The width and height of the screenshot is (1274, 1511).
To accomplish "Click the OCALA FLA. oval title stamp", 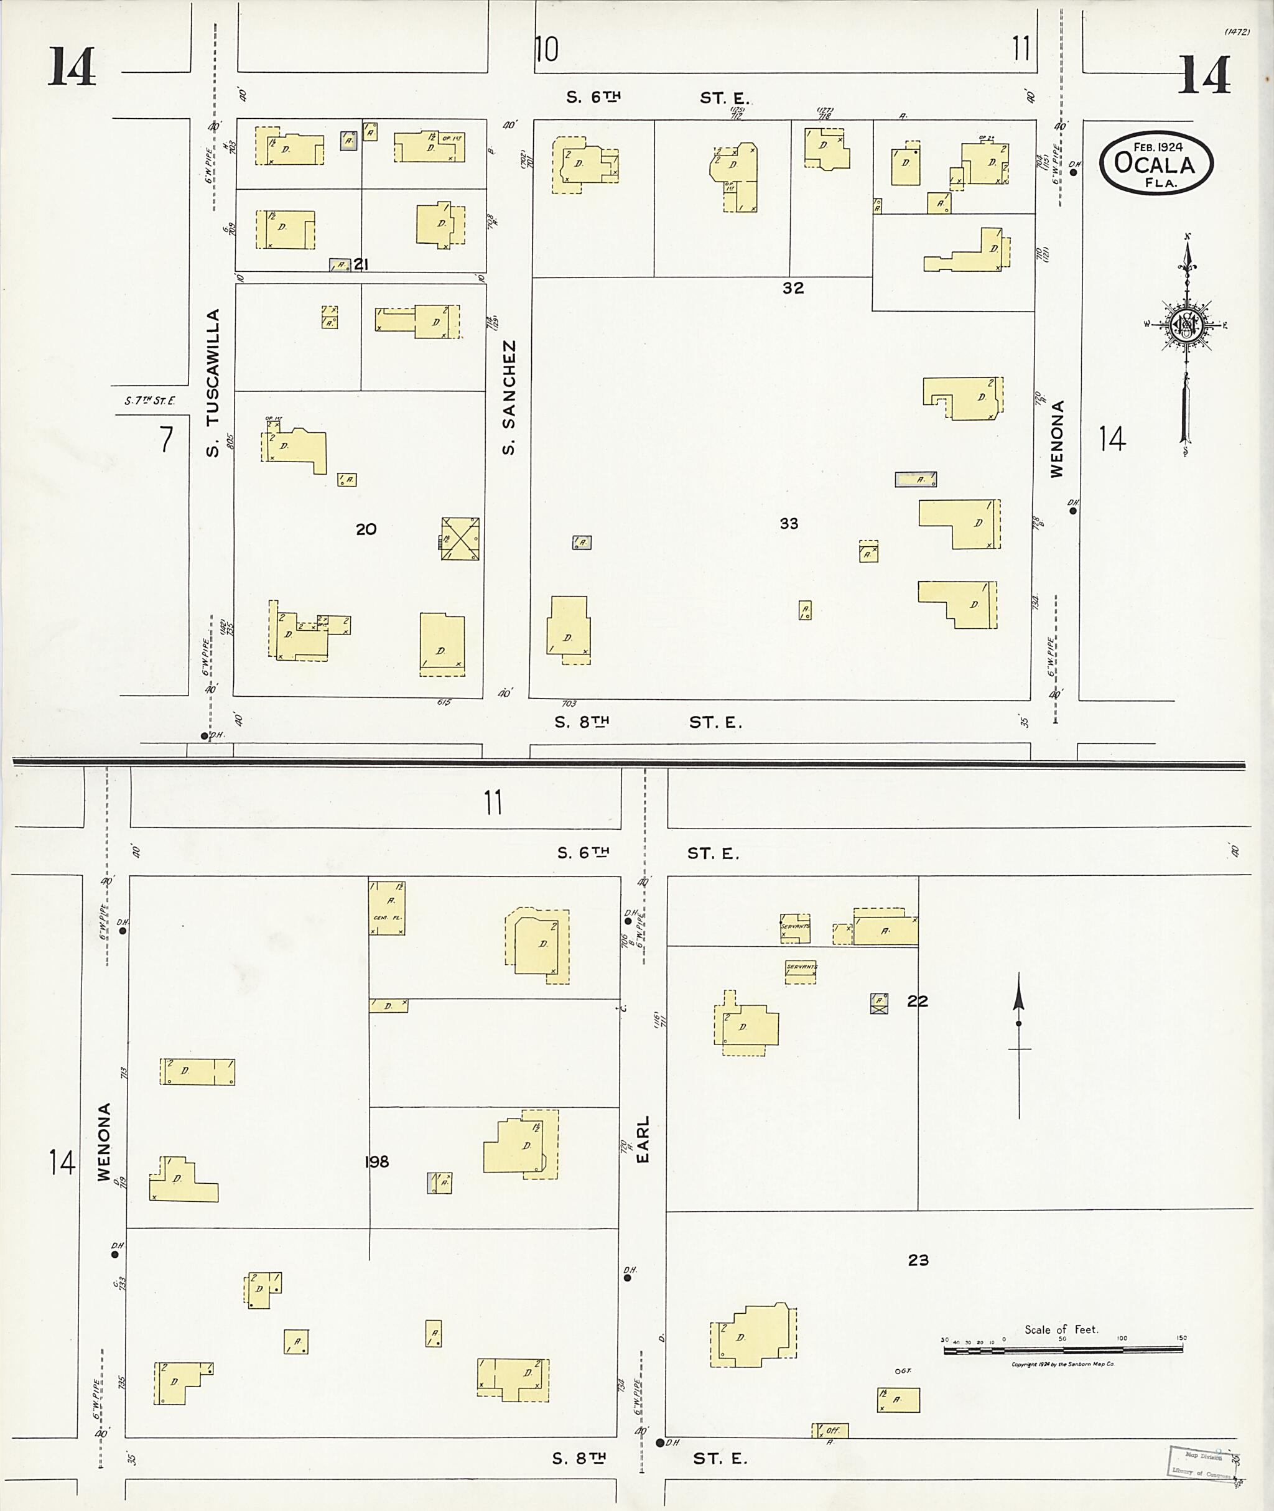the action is (x=1156, y=162).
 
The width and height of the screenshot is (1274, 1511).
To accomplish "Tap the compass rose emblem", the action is (x=1185, y=327).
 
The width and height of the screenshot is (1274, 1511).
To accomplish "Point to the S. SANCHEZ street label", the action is (x=509, y=398).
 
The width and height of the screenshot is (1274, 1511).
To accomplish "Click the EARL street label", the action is (x=643, y=1139).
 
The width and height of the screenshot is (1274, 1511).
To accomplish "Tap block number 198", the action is (x=377, y=1161).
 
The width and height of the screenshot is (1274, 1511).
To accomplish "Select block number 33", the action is (x=789, y=523).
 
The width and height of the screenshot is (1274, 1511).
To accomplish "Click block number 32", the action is (x=793, y=287).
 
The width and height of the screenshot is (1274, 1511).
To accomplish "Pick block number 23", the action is (x=918, y=1260).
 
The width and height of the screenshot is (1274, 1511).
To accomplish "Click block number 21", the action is (x=361, y=264).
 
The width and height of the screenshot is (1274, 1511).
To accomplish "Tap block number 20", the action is (x=366, y=529).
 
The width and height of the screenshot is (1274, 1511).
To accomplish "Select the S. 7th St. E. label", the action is (x=149, y=401).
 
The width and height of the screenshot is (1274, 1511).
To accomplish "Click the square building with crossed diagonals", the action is (x=461, y=539).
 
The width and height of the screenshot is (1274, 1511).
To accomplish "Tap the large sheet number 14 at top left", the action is (x=72, y=67).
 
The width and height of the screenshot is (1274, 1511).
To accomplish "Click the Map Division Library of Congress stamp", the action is (x=1202, y=1462).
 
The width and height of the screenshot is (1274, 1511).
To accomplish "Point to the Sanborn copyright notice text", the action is (x=1063, y=1364).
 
